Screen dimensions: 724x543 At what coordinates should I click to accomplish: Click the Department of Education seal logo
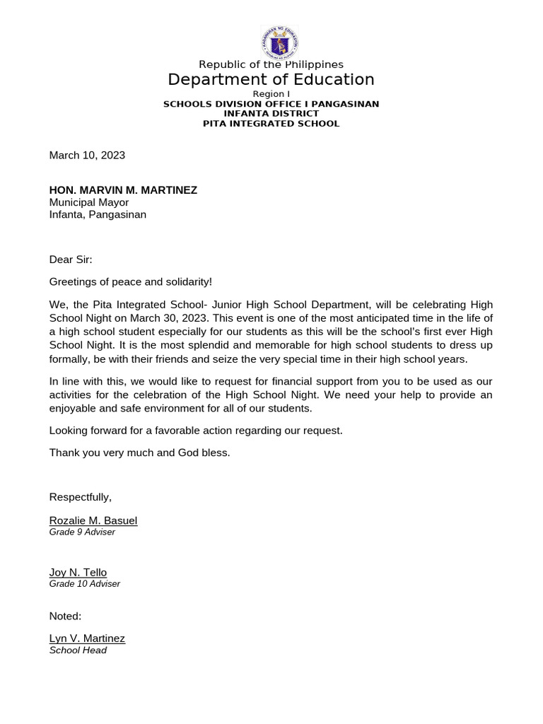(x=280, y=43)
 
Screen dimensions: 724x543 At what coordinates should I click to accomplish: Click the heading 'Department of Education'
(x=271, y=79)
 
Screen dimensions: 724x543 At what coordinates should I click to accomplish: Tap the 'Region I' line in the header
(x=271, y=94)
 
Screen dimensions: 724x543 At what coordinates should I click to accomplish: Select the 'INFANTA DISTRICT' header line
(x=271, y=113)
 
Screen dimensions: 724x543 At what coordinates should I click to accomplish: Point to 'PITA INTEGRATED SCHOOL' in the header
(x=271, y=123)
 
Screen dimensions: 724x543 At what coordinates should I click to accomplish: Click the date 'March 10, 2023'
(x=87, y=155)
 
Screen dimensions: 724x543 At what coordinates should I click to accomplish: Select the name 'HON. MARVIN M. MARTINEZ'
(x=123, y=190)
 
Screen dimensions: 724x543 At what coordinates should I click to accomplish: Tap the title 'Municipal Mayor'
(x=89, y=202)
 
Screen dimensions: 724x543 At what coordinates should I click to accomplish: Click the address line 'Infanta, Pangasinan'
(x=98, y=214)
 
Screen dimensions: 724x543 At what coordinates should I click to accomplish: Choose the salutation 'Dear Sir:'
(x=71, y=259)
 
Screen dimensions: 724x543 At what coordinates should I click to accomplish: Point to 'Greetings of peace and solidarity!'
(x=130, y=281)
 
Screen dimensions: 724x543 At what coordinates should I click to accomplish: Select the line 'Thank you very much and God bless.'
(x=139, y=452)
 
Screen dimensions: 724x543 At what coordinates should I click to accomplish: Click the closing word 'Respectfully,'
(x=81, y=497)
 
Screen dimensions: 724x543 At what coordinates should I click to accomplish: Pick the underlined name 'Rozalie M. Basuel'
(x=93, y=520)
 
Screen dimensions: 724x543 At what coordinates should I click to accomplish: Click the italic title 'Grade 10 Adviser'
(x=85, y=584)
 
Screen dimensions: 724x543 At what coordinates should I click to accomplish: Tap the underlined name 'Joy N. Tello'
(x=78, y=572)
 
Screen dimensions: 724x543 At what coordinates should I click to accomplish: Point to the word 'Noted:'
(x=65, y=616)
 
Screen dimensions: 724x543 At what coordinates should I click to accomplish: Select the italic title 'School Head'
(x=78, y=650)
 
